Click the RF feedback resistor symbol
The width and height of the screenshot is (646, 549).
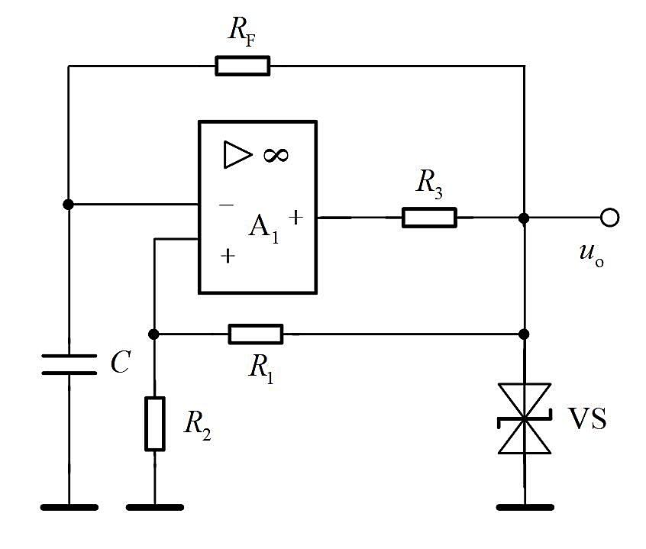tap(243, 66)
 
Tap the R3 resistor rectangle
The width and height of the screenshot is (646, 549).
tap(429, 218)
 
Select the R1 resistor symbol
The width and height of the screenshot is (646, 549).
tap(256, 334)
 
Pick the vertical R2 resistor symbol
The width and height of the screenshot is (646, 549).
tap(155, 424)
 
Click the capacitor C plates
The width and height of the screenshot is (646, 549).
tap(69, 364)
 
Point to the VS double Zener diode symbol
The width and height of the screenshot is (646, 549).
tap(524, 418)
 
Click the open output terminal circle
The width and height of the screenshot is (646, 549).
tap(610, 218)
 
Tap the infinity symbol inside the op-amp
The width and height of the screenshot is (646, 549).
tap(276, 155)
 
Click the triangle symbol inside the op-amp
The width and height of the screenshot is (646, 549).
tap(237, 154)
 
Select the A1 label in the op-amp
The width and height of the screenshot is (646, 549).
tap(263, 228)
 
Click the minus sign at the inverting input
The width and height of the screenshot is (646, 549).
tap(227, 205)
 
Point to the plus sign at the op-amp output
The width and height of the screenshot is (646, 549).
tap(296, 217)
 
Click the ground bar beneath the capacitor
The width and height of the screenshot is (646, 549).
tap(69, 508)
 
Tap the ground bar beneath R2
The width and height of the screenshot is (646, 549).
tap(155, 508)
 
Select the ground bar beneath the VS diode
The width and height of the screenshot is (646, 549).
tap(525, 508)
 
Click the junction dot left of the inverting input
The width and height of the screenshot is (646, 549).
tap(69, 205)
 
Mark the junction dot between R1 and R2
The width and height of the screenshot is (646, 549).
tap(153, 334)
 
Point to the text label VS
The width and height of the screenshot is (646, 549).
tap(587, 418)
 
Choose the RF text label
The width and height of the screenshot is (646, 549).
tap(242, 31)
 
